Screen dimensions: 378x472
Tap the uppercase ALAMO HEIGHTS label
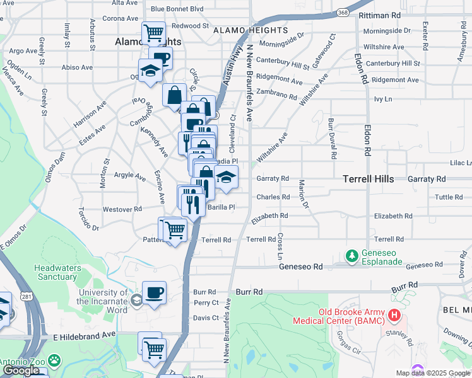click(x=250, y=30)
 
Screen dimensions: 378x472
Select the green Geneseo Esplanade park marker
click(x=351, y=256)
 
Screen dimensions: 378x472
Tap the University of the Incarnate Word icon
click(x=137, y=298)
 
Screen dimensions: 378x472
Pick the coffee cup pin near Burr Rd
click(x=154, y=292)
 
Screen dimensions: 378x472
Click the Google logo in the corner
click(x=21, y=370)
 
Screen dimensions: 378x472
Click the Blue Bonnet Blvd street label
click(x=177, y=9)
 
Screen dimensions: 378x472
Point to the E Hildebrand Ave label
click(x=85, y=336)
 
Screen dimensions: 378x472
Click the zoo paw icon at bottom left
click(x=55, y=361)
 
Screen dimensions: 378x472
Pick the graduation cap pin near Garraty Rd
click(x=226, y=177)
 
